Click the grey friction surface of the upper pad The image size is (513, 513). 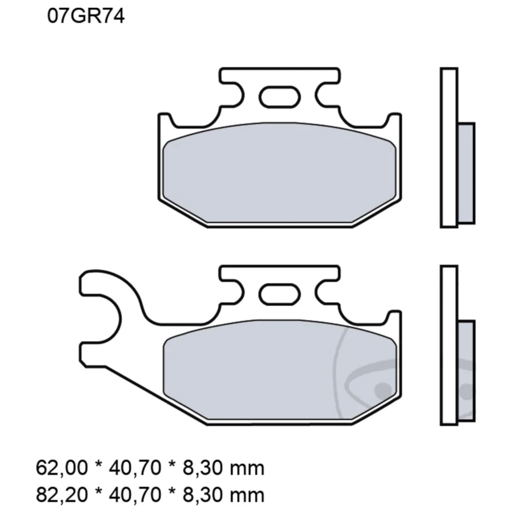pos(280,172)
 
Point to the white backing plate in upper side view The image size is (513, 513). pos(448,148)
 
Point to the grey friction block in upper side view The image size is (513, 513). pos(466,173)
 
